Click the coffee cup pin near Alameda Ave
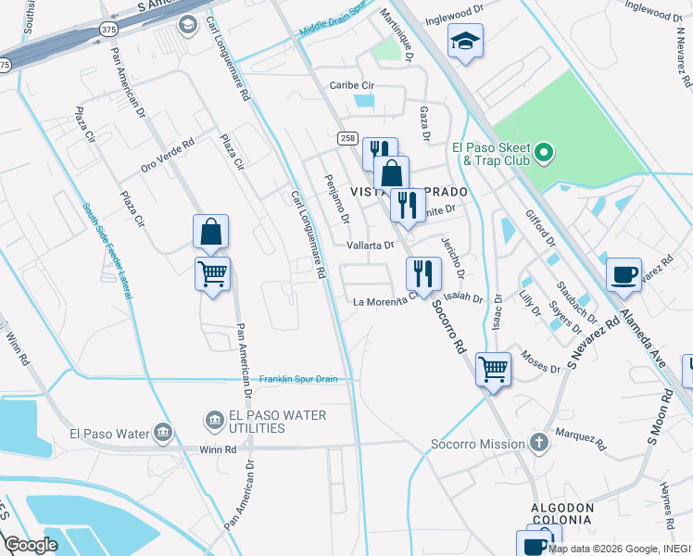624,273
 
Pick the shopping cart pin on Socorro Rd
494,369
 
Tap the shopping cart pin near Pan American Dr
213,273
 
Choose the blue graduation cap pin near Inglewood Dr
465,41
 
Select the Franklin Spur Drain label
296,379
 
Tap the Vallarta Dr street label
371,246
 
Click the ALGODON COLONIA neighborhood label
561,513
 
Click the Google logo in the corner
31,545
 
